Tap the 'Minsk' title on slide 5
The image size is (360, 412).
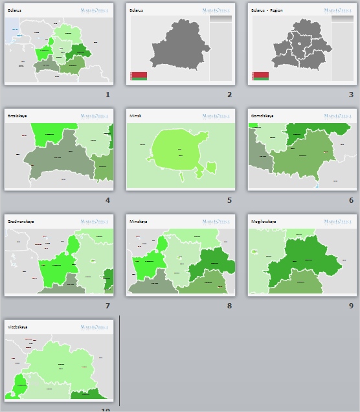(135, 116)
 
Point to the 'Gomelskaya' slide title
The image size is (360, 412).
(262, 116)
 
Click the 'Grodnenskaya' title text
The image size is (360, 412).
(21, 222)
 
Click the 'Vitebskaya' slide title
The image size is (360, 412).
(17, 327)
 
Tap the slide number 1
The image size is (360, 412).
(107, 95)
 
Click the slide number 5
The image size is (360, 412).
(229, 200)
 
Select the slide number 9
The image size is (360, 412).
(351, 306)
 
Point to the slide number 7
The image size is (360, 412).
(107, 306)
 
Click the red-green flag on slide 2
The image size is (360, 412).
(139, 76)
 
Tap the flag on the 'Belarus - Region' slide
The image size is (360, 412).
(260, 76)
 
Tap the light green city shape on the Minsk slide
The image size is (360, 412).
(177, 153)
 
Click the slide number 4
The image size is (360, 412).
(107, 200)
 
